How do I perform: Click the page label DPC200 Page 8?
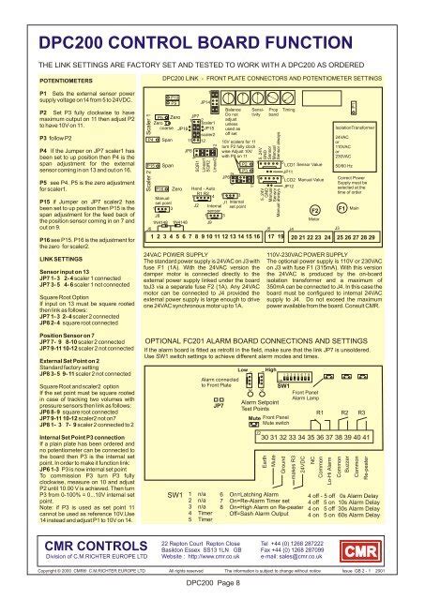tap(212, 585)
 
